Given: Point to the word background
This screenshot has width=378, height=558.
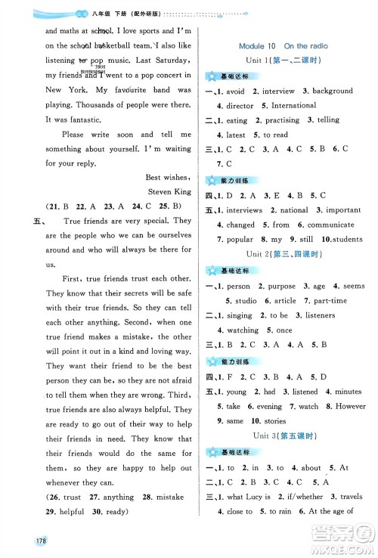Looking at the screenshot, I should (332, 91).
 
